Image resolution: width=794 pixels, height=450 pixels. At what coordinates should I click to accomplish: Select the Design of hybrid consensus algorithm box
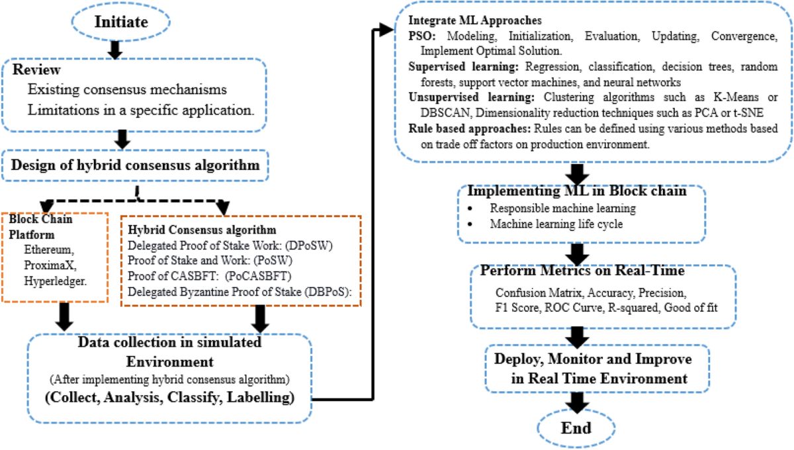pyautogui.click(x=137, y=165)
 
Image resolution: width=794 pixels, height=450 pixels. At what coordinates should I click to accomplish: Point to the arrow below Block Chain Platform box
pyautogui.click(x=64, y=317)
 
